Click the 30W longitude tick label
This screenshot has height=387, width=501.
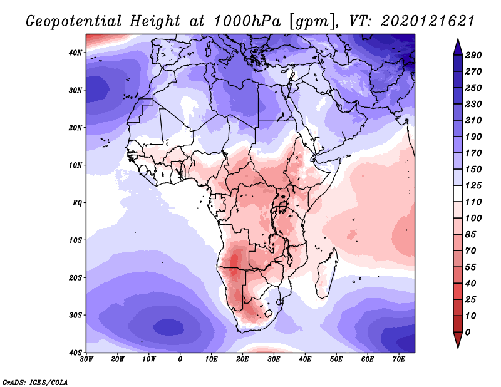coord(86,359)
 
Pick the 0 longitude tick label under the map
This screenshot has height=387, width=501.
coord(180,359)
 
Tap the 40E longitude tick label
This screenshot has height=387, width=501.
coord(305,359)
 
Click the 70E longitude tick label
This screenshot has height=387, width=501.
coord(399,359)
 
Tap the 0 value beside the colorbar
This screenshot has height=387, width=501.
coord(468,332)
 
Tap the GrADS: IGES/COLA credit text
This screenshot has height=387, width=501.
coord(35,381)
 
